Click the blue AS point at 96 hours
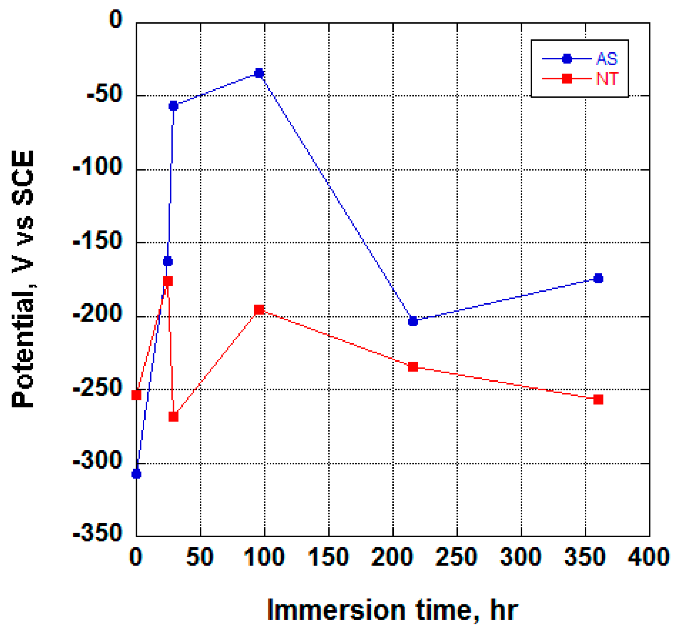tap(259, 73)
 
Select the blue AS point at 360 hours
tap(598, 278)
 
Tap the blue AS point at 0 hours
tap(136, 473)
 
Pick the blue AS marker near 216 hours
tap(413, 321)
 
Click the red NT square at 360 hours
tap(598, 399)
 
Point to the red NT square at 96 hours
tap(259, 309)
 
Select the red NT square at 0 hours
tap(136, 395)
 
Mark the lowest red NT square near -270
tap(174, 416)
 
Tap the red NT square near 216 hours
tap(413, 367)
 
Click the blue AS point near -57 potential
tap(173, 106)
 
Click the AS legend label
tap(607, 59)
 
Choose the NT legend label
tap(607, 79)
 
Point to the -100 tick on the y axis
tap(97, 168)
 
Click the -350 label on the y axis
tap(97, 533)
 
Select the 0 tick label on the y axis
tap(116, 19)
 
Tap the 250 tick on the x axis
tap(456, 557)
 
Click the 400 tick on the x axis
tap(648, 557)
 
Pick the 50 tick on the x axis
tap(200, 557)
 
